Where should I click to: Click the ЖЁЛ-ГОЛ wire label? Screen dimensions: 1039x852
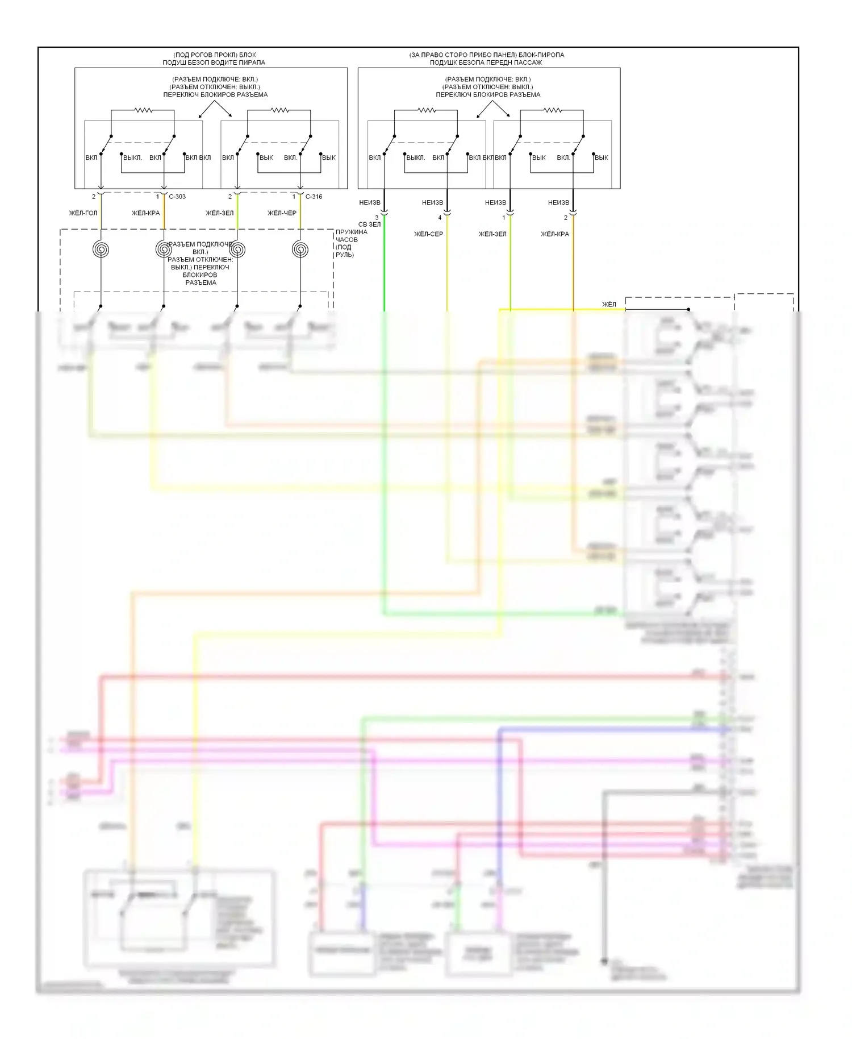(x=83, y=213)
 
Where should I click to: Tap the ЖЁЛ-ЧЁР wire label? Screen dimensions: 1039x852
(x=282, y=213)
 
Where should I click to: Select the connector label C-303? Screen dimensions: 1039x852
(x=177, y=197)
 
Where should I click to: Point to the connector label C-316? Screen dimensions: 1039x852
(x=314, y=197)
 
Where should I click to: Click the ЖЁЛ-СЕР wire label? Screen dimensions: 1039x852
(x=429, y=234)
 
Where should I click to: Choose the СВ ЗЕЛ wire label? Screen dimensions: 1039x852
(x=369, y=225)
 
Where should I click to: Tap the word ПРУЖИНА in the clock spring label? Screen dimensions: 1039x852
(x=351, y=232)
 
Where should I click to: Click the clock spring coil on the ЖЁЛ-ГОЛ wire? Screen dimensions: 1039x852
(x=101, y=249)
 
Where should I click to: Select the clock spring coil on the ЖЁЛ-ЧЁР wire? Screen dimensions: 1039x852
(x=300, y=249)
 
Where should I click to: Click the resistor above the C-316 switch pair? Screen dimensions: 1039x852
(x=279, y=110)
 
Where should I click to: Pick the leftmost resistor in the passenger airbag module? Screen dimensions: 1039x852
(x=427, y=110)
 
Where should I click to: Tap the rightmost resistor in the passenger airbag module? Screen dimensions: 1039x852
(x=552, y=110)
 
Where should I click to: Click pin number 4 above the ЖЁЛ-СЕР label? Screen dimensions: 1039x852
(x=440, y=218)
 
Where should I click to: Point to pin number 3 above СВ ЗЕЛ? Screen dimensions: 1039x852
(x=377, y=218)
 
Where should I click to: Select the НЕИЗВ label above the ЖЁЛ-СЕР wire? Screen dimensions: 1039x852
(x=432, y=202)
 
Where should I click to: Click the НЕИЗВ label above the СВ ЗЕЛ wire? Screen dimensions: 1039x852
(x=370, y=202)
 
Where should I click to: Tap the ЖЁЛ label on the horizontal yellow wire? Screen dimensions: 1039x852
(x=609, y=305)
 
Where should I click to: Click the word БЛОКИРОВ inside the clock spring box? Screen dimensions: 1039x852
(x=201, y=275)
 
